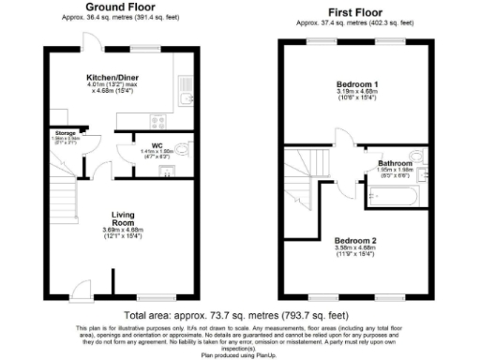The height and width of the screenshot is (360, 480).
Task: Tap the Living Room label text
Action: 123,217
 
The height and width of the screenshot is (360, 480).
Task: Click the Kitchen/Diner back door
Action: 91,39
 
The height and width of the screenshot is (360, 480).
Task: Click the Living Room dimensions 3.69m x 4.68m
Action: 123,233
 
